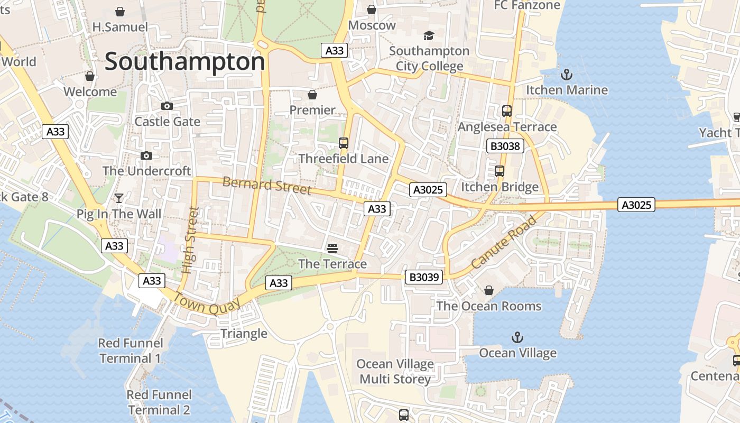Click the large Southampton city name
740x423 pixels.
tap(184, 62)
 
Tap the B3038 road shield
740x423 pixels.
tap(505, 146)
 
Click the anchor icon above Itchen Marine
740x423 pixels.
tap(567, 74)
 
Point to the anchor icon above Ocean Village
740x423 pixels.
tap(517, 337)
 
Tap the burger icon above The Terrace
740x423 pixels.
tap(332, 248)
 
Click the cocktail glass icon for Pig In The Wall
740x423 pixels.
tap(119, 198)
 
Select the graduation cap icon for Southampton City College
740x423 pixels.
tap(429, 35)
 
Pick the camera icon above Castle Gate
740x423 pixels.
tap(167, 106)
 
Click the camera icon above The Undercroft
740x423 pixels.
tap(146, 155)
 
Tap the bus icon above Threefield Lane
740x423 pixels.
tap(344, 143)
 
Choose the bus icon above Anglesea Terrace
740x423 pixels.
tap(507, 111)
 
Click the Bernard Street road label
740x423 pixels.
tap(267, 186)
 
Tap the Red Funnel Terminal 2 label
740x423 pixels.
tap(159, 402)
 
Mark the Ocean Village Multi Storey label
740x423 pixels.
tap(395, 372)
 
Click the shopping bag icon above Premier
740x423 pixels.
tap(312, 95)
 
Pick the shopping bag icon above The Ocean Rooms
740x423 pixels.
tap(489, 290)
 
